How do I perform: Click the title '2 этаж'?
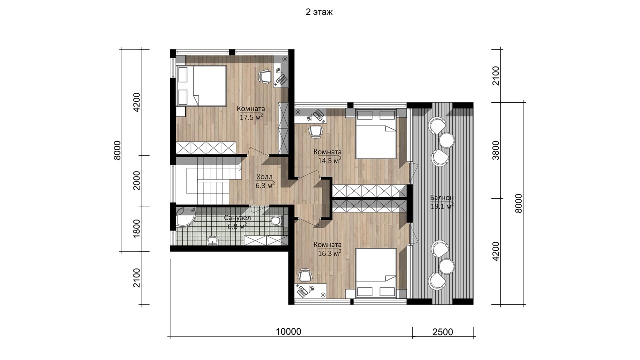tap(319, 12)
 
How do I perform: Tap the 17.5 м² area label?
tap(251, 117)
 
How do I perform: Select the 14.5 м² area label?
tap(329, 160)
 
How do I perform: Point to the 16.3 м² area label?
tap(329, 253)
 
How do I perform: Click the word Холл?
tap(264, 177)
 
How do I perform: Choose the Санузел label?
tap(237, 218)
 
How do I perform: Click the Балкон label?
tap(442, 197)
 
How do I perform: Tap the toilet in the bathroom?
tap(277, 221)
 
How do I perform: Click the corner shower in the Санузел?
tap(185, 217)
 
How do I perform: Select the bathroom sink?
tap(213, 241)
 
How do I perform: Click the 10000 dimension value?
tap(288, 332)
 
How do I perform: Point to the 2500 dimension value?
tap(443, 332)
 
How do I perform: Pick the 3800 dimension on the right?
tap(496, 150)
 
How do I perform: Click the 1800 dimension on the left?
tap(137, 228)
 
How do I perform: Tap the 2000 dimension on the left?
tap(137, 180)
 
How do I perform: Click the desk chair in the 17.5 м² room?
tap(265, 77)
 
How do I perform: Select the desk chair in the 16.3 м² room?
tap(305, 275)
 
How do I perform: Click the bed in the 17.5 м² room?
tap(201, 86)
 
